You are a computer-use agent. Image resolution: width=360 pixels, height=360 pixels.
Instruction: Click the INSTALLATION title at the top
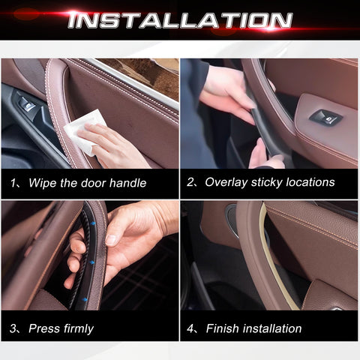(180, 20)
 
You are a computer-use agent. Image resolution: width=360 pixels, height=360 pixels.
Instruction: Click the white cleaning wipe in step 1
(84, 131)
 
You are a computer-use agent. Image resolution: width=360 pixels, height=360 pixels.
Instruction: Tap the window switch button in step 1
(27, 104)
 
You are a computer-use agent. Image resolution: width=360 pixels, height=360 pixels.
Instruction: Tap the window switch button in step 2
(325, 117)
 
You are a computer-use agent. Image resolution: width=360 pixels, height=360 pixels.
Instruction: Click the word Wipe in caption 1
(43, 183)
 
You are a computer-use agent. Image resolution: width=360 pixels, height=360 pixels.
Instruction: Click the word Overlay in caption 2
(226, 182)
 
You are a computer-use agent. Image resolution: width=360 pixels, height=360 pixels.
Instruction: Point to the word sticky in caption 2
(266, 182)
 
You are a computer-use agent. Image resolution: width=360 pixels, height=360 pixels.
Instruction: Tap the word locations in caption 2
(310, 182)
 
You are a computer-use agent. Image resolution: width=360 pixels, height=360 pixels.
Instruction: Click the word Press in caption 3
(44, 328)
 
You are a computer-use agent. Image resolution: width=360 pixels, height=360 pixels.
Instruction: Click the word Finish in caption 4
(223, 328)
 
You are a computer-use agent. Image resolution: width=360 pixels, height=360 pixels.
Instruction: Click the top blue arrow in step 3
(93, 223)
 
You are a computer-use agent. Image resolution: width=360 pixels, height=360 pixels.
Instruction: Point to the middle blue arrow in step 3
(92, 262)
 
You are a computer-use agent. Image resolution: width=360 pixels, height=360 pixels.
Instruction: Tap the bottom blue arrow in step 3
(85, 299)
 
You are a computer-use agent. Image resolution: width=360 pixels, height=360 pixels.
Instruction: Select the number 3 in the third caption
(13, 328)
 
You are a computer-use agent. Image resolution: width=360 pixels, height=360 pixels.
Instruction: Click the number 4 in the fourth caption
(190, 328)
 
